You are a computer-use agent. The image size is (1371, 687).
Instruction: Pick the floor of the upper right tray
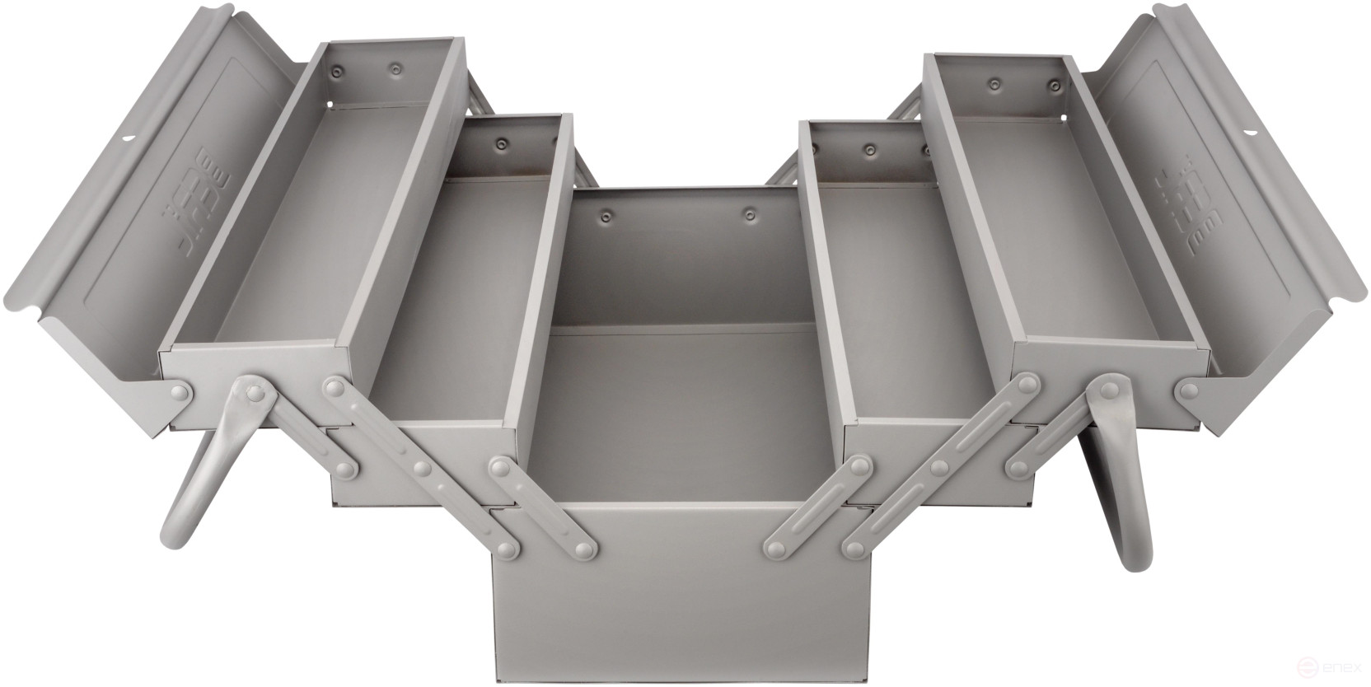tap(1104, 247)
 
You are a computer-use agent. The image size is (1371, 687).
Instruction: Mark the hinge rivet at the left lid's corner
tap(178, 390)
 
